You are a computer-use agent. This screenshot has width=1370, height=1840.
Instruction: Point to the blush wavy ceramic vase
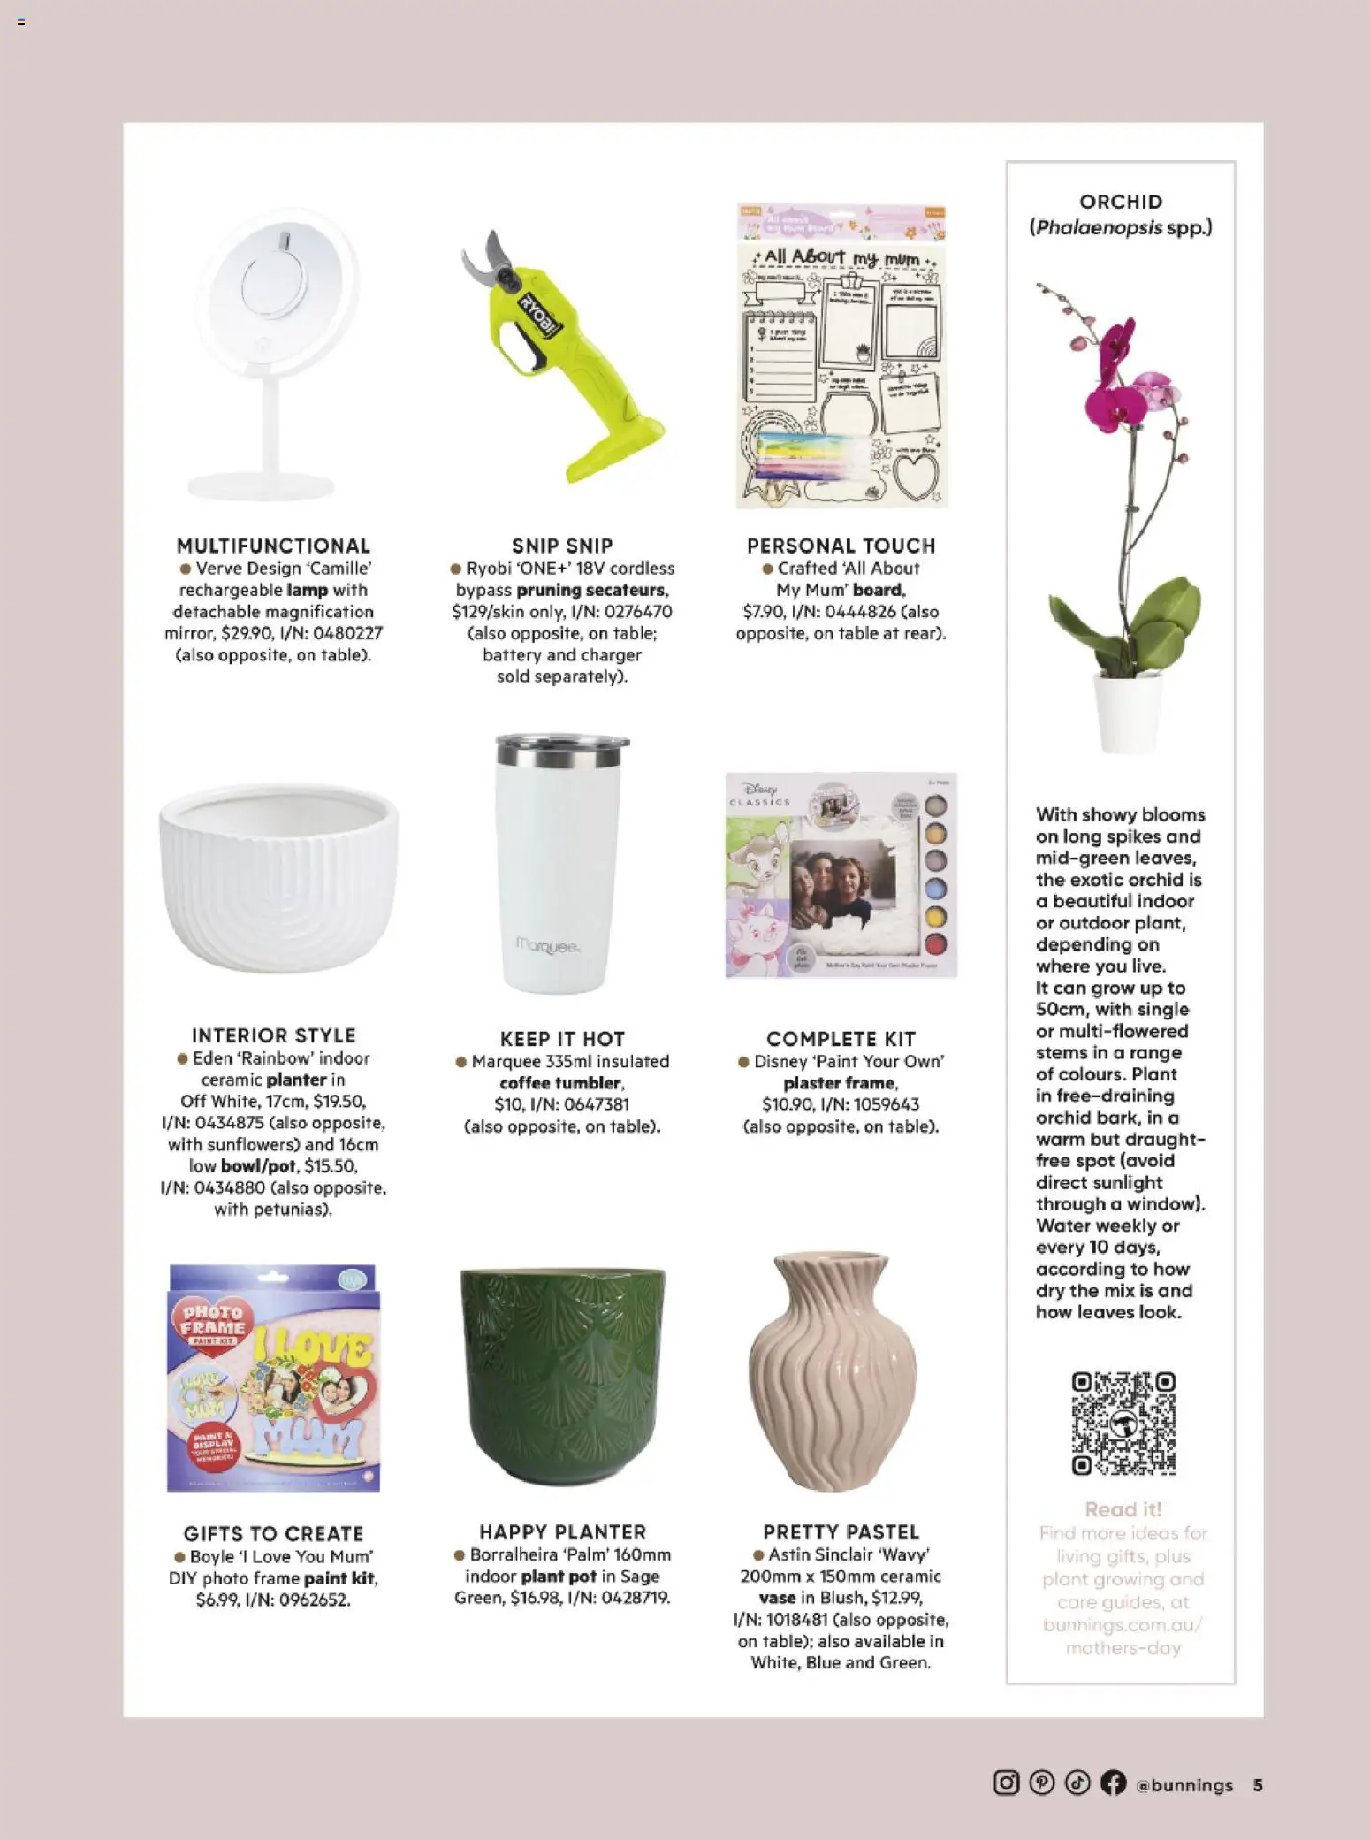click(x=833, y=1375)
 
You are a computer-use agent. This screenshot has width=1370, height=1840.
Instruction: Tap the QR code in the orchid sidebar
click(x=1123, y=1423)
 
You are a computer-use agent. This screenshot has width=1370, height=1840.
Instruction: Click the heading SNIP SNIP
click(x=562, y=546)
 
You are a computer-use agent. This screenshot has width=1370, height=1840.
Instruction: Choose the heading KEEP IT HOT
click(x=562, y=1039)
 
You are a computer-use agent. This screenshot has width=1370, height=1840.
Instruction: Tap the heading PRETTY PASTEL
click(x=841, y=1532)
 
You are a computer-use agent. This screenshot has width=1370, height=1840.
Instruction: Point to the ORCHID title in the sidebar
click(x=1121, y=202)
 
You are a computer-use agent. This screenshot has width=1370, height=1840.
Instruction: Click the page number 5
click(x=1257, y=1784)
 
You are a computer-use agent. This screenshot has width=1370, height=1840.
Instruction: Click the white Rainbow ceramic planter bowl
click(x=278, y=875)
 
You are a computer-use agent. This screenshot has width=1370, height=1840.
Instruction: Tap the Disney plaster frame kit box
click(x=841, y=875)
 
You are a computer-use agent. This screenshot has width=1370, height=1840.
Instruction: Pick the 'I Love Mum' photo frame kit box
click(x=273, y=1378)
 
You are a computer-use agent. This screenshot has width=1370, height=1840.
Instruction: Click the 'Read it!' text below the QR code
click(x=1123, y=1509)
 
